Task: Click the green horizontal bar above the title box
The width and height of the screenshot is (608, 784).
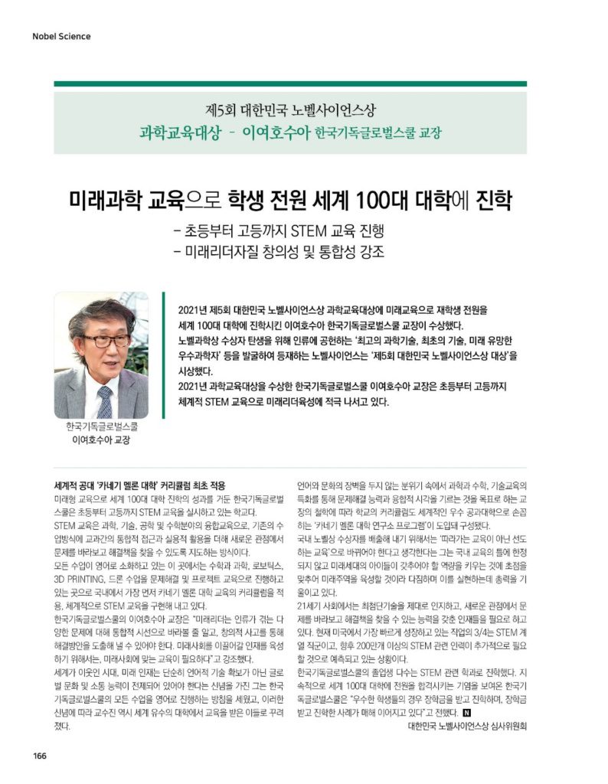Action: pyautogui.click(x=290, y=83)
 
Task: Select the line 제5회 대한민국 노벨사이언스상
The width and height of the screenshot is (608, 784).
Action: pyautogui.click(x=290, y=109)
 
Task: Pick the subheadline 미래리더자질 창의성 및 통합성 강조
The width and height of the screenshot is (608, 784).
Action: pyautogui.click(x=279, y=252)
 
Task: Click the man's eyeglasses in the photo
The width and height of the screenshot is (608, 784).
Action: pyautogui.click(x=105, y=340)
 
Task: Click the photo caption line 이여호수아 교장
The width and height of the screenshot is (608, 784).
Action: pyautogui.click(x=100, y=441)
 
